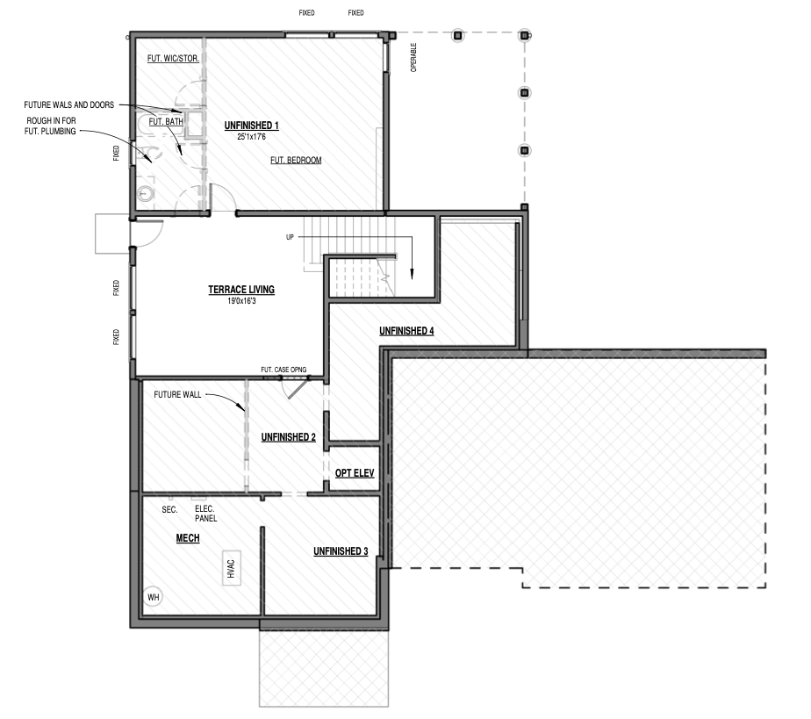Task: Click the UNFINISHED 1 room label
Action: point(251,126)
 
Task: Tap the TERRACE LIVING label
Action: point(241,290)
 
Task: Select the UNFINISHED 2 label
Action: point(289,437)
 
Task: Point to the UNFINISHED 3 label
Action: point(341,551)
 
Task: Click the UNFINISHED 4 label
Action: point(406,331)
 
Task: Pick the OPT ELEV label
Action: point(355,473)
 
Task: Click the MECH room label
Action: point(188,538)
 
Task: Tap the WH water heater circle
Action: point(154,598)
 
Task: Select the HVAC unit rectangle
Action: point(231,569)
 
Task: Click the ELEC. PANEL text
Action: point(206,514)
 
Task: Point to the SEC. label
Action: point(169,509)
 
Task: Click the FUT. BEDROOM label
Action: point(296,161)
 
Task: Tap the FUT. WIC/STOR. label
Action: point(173,59)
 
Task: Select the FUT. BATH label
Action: point(166,121)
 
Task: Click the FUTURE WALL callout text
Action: point(177,395)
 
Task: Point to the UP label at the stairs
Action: point(290,237)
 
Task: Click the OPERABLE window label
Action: point(413,57)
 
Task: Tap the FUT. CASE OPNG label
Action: point(283,370)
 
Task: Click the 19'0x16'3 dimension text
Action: point(241,301)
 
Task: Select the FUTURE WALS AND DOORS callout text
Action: point(68,105)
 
